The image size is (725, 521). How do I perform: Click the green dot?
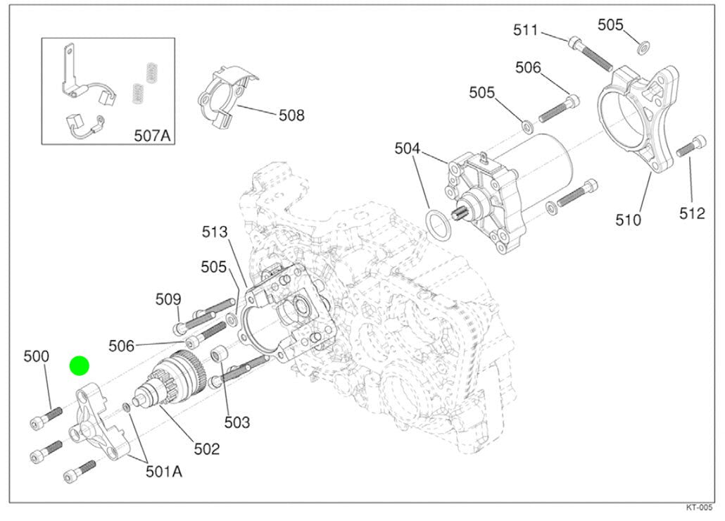pyautogui.click(x=80, y=366)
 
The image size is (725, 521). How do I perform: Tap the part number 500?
pyautogui.click(x=36, y=357)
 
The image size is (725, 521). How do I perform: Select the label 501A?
pyautogui.click(x=163, y=472)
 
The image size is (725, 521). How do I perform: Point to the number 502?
pyautogui.click(x=206, y=448)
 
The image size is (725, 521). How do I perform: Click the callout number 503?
pyautogui.click(x=237, y=422)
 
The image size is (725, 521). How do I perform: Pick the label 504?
pyautogui.click(x=407, y=149)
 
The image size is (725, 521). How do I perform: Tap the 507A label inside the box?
pyautogui.click(x=153, y=134)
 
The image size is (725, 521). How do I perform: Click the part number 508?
pyautogui.click(x=291, y=115)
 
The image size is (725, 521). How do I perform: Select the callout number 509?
pyautogui.click(x=168, y=299)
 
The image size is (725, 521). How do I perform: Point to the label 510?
pyautogui.click(x=628, y=220)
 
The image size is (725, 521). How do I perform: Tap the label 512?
pyautogui.click(x=692, y=213)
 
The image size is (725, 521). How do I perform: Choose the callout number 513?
pyautogui.click(x=215, y=232)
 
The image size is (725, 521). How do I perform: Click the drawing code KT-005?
pyautogui.click(x=700, y=508)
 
